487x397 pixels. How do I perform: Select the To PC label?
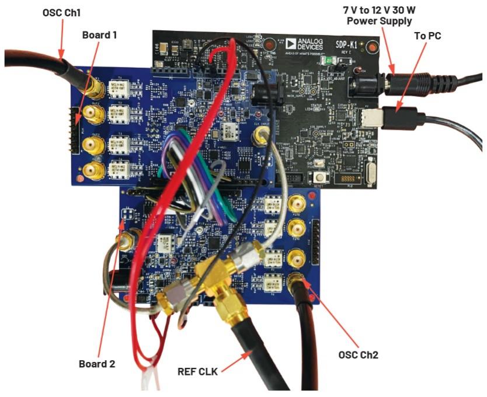(426, 36)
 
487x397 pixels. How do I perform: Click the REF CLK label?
(198, 368)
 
